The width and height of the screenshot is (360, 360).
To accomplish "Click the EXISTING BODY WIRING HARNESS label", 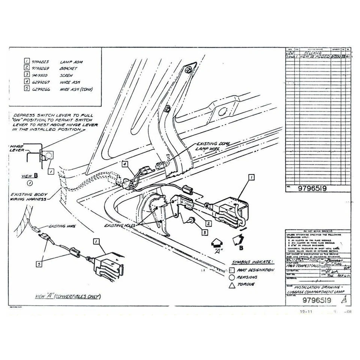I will [28, 197].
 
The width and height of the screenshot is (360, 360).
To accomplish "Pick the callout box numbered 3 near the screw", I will [204, 233].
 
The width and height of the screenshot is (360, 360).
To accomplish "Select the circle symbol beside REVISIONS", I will [232, 277].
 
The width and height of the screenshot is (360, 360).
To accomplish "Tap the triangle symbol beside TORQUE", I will [232, 285].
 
